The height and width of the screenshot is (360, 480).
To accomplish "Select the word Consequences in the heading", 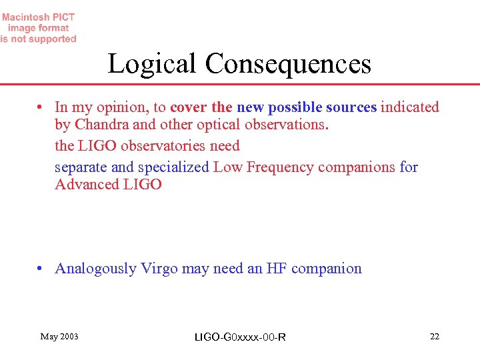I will pos(288,64).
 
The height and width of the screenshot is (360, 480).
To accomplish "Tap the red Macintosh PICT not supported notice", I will pos(39,28).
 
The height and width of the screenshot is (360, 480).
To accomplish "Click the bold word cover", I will pos(189,107).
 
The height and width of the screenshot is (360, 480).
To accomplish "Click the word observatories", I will pos(167,145).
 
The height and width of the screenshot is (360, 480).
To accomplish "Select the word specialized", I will pos(174,167).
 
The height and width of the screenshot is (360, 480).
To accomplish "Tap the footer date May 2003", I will pos(59,336).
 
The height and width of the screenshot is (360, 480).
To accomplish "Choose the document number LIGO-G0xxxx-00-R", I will pos(239,337).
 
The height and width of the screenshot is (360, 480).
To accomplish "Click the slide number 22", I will pos(435,336).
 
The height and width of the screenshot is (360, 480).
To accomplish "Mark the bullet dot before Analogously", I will pos(41,269).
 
